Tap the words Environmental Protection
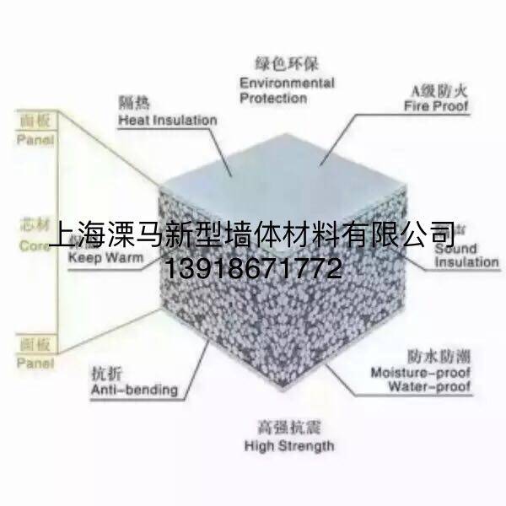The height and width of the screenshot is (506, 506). click(286, 90)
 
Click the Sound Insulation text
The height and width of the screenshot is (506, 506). click(466, 255)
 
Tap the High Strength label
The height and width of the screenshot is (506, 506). click(288, 444)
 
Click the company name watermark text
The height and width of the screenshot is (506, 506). click(253, 232)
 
